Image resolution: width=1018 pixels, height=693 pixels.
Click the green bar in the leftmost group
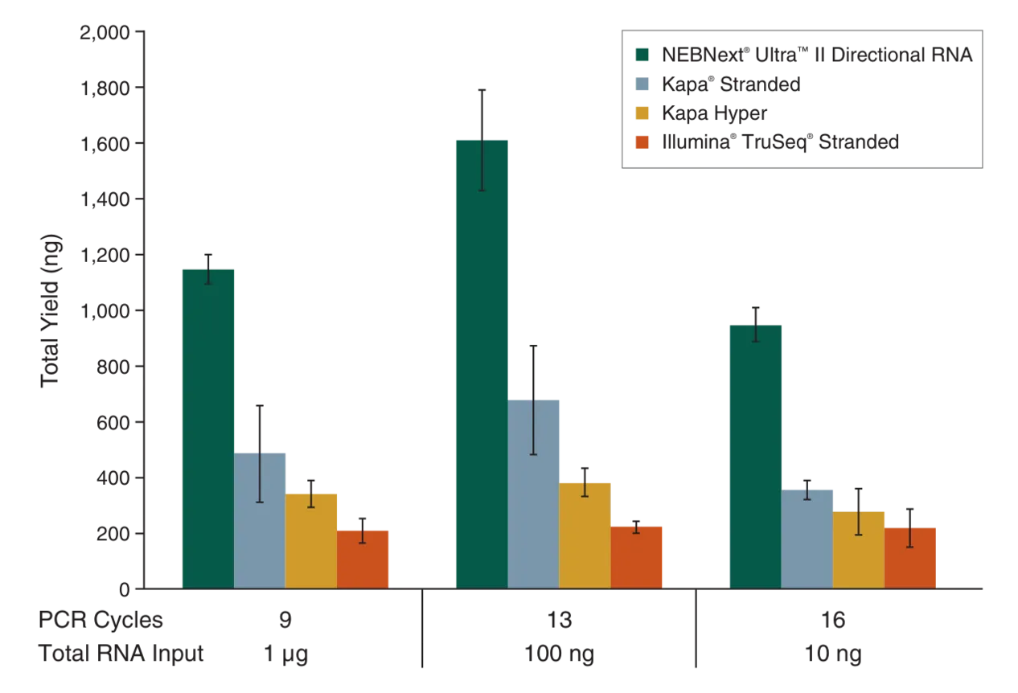tap(208, 426)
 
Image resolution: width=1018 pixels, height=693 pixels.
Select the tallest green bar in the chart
tap(481, 362)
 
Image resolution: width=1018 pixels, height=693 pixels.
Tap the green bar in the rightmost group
tap(755, 454)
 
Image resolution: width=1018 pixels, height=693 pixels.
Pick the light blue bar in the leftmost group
tap(261, 519)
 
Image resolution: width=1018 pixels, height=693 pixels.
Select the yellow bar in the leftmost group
tap(312, 539)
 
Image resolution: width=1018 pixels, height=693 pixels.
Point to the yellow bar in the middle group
tap(585, 535)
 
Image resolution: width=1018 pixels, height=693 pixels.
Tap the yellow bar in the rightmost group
tap(859, 548)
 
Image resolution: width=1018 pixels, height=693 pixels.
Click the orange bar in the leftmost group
tap(363, 557)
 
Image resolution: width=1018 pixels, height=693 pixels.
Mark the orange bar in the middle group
tap(637, 556)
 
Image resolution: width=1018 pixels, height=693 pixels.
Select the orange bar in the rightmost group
tap(910, 557)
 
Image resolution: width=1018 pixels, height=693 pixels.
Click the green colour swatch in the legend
tap(642, 55)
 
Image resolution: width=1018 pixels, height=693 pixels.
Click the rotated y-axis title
tap(53, 310)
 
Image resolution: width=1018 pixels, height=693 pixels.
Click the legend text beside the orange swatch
tap(779, 143)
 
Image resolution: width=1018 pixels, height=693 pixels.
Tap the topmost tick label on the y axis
tap(104, 32)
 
